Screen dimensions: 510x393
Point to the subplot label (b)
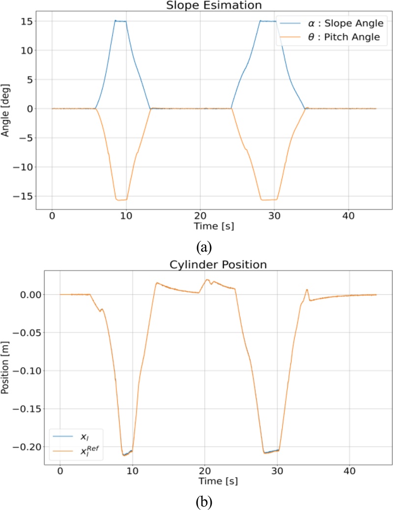(203, 502)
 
